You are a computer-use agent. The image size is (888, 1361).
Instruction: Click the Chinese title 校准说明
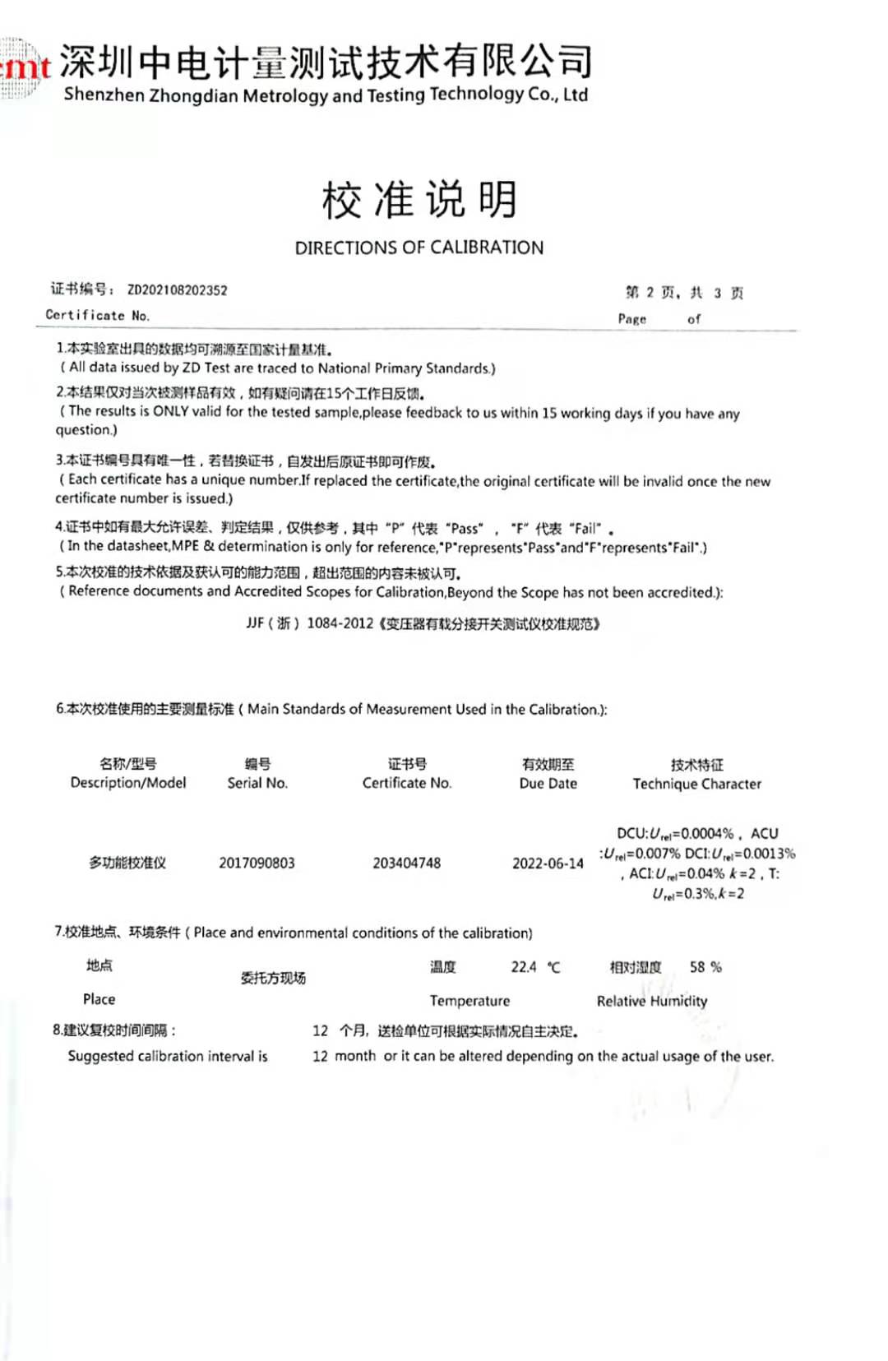[x=419, y=200]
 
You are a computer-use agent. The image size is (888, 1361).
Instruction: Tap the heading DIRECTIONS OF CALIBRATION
[x=419, y=248]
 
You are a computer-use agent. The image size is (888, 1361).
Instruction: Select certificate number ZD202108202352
[x=178, y=290]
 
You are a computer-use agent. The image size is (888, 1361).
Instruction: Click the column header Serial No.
[x=257, y=783]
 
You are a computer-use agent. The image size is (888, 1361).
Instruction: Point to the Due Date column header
[x=548, y=783]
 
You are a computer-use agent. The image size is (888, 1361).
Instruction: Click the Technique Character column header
[x=697, y=784]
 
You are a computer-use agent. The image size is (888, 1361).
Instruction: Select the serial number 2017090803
[x=257, y=863]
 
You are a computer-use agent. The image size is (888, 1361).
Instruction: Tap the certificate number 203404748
[x=407, y=863]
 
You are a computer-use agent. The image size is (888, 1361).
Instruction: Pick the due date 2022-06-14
[x=548, y=863]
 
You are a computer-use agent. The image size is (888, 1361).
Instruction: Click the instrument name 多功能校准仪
[x=127, y=863]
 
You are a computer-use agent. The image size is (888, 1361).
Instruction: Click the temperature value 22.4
[x=524, y=967]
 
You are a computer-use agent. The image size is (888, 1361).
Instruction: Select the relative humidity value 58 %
[x=705, y=967]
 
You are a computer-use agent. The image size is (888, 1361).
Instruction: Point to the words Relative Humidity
[x=652, y=1001]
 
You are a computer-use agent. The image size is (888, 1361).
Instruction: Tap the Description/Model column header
[x=128, y=783]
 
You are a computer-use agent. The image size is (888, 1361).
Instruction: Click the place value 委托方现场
[x=273, y=978]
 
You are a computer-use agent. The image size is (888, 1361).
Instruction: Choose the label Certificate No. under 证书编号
[x=98, y=315]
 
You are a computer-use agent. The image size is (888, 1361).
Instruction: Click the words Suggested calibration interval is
[x=168, y=1056]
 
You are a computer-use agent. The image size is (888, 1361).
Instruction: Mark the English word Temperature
[x=469, y=1001]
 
